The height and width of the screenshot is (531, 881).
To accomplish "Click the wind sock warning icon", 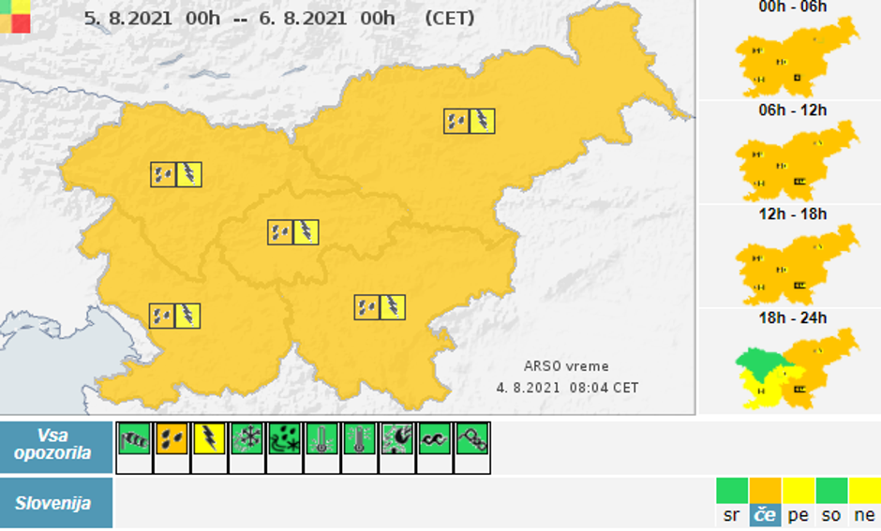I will tap(134, 438).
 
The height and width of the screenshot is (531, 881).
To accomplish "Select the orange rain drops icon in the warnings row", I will tap(172, 438).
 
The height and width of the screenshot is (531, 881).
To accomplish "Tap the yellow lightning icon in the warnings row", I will tap(209, 438).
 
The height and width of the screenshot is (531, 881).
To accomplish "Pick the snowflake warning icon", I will tap(246, 438).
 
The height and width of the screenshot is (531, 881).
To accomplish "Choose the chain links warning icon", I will tap(471, 438).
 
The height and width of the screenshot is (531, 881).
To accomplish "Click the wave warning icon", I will tap(434, 438).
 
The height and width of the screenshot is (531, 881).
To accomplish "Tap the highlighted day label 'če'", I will tap(765, 515).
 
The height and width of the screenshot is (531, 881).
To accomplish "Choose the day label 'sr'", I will tap(731, 515).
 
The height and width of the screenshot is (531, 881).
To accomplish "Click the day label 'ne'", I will tap(864, 515).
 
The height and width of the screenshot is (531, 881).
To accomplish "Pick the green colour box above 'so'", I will tap(831, 490).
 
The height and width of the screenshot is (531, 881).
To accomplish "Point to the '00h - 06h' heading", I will tap(792, 7).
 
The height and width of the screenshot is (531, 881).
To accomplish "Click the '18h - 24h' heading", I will tap(793, 318).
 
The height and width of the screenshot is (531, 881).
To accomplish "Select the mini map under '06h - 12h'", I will tap(797, 163).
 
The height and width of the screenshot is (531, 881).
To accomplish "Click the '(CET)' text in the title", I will tap(449, 18).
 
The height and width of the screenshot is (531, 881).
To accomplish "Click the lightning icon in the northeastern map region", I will tap(482, 121).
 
